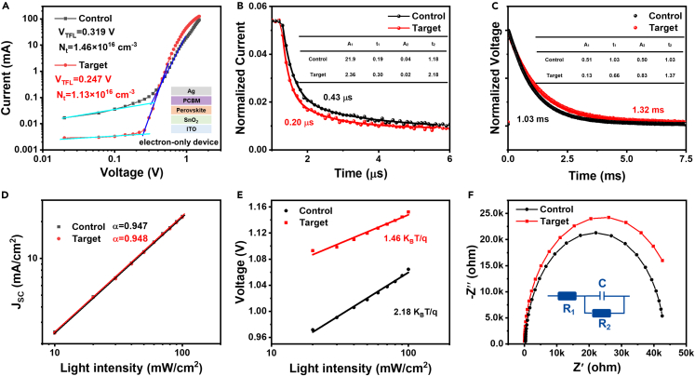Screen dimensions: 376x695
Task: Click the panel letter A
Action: pos(7,7)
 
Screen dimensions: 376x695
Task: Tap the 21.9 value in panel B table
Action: pos(323,58)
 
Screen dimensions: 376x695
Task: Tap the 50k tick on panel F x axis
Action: pos(683,353)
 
